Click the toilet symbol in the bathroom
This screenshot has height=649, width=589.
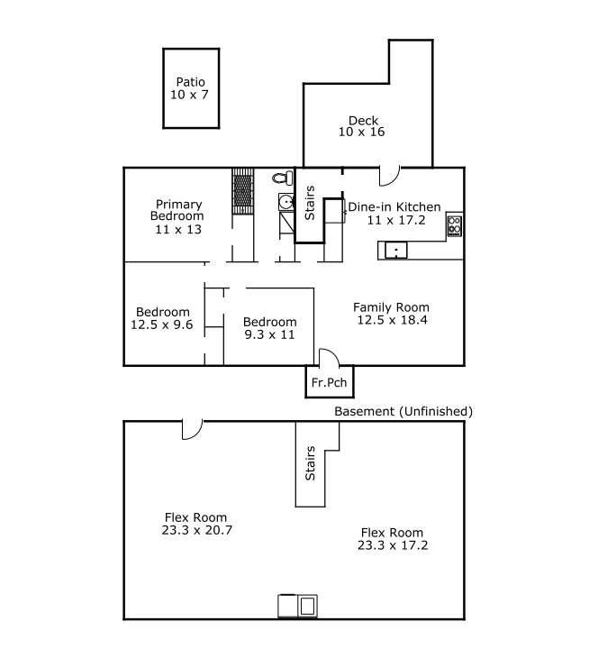point(284,178)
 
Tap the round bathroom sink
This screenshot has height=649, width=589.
point(286,203)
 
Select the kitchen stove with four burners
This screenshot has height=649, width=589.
point(454,225)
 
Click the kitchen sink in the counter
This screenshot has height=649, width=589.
point(396,251)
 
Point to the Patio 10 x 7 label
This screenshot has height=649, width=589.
point(190,88)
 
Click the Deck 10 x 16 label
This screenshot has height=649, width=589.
point(362,126)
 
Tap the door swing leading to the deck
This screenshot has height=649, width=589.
point(389,176)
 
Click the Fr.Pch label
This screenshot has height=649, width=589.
point(330,382)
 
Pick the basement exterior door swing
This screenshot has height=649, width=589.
point(193,430)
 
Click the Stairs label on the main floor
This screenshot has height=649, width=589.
point(310,203)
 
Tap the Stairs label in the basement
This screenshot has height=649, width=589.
point(310,463)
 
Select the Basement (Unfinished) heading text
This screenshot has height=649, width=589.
point(403,411)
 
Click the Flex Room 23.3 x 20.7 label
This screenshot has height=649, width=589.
point(197,524)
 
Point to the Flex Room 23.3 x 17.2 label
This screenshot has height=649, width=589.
point(393,539)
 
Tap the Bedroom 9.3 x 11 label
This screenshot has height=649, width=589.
point(269,328)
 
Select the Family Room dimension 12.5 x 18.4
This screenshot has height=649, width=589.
point(392,320)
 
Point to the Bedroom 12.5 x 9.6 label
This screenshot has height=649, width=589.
point(162,318)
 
